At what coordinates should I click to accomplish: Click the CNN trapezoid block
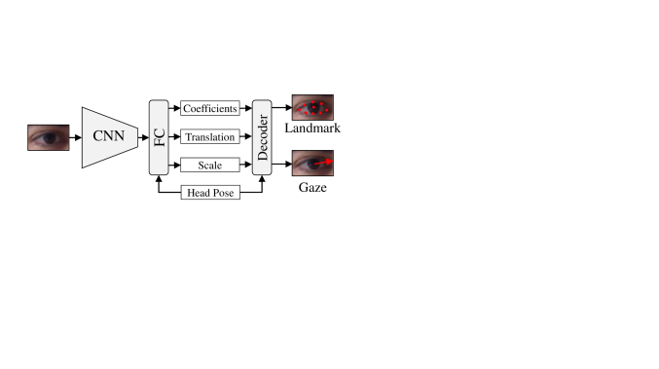point(109,137)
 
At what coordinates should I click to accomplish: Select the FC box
point(159,137)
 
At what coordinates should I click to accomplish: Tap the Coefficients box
point(210,109)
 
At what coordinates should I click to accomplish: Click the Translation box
point(210,137)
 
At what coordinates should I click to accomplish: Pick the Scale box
point(210,166)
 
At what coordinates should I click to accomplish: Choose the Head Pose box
point(210,193)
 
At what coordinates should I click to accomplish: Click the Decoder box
point(261,137)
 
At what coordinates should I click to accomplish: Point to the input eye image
point(49,137)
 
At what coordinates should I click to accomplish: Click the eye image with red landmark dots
point(312,107)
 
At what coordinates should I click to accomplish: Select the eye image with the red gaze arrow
point(312,164)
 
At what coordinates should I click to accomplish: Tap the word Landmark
point(312,129)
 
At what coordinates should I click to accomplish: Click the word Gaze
point(312,186)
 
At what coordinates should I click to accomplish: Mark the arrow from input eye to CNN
point(76,137)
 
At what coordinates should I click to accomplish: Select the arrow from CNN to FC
point(142,137)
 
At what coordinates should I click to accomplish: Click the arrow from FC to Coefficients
point(174,109)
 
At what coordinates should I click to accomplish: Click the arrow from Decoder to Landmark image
point(280,107)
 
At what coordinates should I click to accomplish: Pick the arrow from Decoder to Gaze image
point(280,164)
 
